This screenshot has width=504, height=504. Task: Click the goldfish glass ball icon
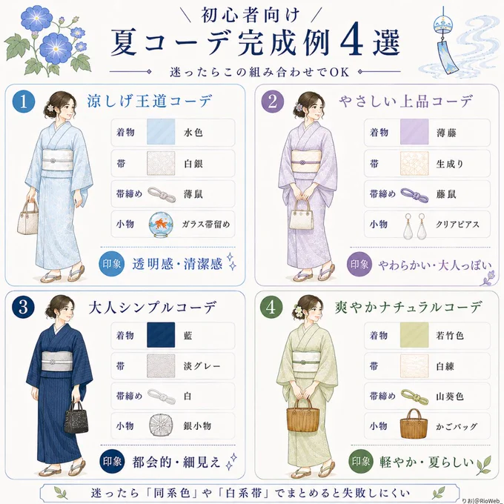[x=161, y=225]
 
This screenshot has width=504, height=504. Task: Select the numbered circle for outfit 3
[x=23, y=308]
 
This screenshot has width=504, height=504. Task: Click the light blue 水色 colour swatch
[x=161, y=132]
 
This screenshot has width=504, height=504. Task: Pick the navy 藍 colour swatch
[x=161, y=335]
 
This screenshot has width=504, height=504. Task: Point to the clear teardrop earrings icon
[x=414, y=226]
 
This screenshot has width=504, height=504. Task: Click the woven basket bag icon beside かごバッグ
[x=414, y=424]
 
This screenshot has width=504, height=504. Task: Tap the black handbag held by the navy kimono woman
[x=76, y=417]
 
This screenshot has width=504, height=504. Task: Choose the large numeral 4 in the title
[x=351, y=43]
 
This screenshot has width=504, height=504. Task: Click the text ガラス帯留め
[x=206, y=225]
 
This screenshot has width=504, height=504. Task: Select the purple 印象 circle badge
[x=359, y=265]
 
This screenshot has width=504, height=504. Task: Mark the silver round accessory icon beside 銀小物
[x=161, y=425]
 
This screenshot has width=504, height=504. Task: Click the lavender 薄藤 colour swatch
[x=414, y=132]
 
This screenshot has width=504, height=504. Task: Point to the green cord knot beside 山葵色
[x=414, y=397]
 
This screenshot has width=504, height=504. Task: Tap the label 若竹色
[x=450, y=336]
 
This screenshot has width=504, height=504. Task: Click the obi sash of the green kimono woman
[x=306, y=362]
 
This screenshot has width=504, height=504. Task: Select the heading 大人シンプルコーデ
[x=152, y=308]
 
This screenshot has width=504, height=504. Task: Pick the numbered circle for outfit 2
[x=273, y=102]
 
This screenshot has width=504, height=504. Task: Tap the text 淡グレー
[x=202, y=366]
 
